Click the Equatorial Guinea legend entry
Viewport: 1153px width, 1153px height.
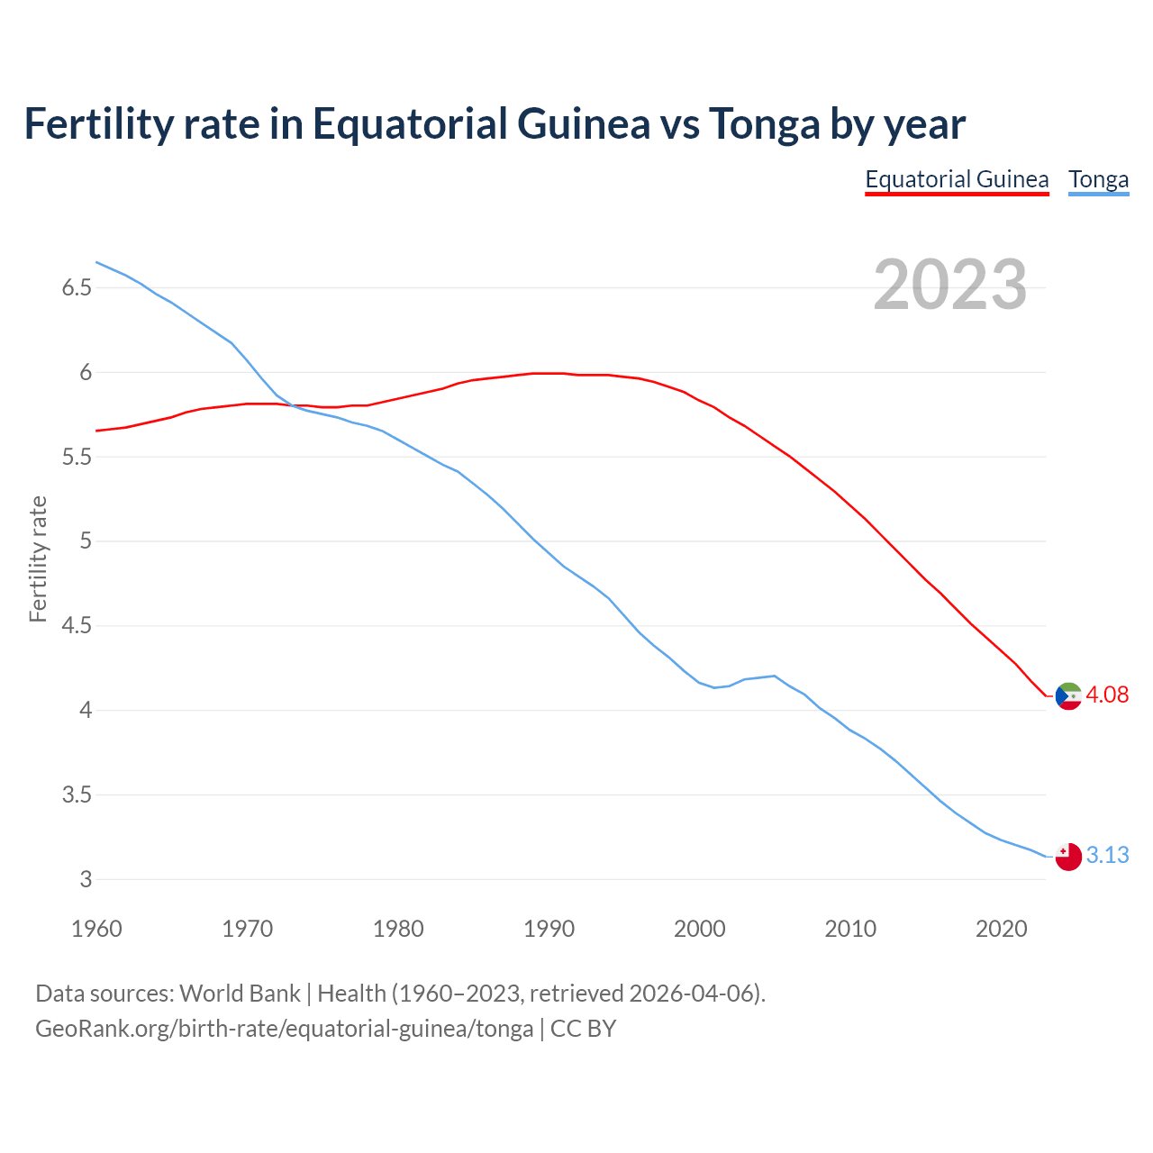957,179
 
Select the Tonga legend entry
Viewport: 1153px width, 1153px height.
1098,179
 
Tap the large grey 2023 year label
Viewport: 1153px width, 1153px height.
950,285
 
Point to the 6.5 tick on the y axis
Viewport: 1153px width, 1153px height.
77,288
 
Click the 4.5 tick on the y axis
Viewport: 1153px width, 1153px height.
77,626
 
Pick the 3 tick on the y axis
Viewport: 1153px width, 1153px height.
86,880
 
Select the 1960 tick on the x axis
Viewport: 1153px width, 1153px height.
96,929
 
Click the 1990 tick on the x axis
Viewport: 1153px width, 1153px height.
549,929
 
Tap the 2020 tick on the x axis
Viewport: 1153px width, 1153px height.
1001,929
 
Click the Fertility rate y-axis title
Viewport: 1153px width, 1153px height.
38,558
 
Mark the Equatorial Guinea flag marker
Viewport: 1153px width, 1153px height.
1068,696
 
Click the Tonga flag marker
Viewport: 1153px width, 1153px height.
1068,857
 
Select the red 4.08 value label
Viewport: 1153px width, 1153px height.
1107,695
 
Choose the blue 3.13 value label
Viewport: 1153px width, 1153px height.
1107,855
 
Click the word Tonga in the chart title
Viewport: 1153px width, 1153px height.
764,124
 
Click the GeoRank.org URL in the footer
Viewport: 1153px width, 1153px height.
284,1029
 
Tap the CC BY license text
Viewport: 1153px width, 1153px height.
583,1029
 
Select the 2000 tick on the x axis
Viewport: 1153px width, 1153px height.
699,929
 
